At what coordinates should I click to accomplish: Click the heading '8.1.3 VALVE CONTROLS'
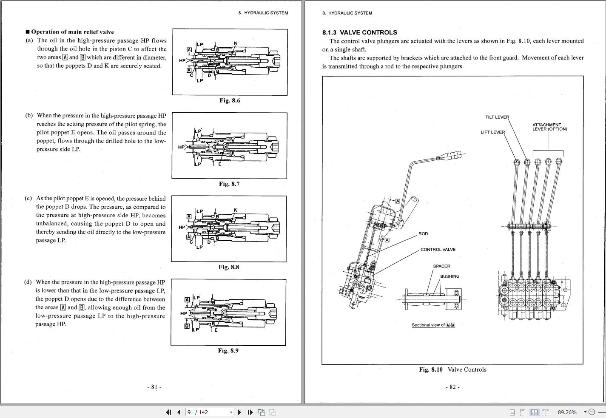tap(359, 32)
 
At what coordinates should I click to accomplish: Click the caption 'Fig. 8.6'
tap(230, 100)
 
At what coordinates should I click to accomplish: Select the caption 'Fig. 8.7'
tap(229, 184)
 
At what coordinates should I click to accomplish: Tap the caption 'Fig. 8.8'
tap(229, 267)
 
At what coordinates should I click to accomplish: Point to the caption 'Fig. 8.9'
tap(228, 350)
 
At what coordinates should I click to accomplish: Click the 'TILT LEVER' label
tap(497, 117)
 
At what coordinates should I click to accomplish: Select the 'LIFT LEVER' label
tap(492, 132)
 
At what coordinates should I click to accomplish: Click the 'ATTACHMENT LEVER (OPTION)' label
tap(549, 127)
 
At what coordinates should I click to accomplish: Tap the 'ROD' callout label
tap(423, 234)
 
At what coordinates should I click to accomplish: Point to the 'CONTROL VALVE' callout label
tap(438, 250)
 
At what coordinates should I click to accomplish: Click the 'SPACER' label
tap(441, 266)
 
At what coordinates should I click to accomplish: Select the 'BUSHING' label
tap(450, 276)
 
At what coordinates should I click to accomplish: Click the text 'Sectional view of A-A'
tap(433, 325)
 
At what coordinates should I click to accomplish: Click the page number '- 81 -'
tap(154, 387)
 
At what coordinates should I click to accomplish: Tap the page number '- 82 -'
tap(452, 387)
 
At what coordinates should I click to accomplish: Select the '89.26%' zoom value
tap(567, 412)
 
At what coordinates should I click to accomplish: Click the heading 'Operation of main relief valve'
tap(72, 32)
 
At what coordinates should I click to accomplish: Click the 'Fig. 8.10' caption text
tap(431, 370)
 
